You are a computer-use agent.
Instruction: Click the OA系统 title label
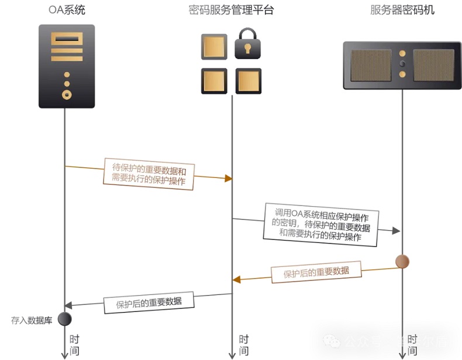tap(67, 10)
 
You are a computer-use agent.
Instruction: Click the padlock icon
tap(248, 44)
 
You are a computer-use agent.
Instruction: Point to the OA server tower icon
tap(67, 66)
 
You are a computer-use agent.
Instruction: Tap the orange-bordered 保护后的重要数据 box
tap(316, 272)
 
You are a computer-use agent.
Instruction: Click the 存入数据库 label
tap(32, 320)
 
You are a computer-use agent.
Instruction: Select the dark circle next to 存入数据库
tap(64, 318)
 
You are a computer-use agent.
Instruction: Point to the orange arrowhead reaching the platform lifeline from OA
tap(229, 178)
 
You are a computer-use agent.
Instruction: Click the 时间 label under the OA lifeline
tap(74, 345)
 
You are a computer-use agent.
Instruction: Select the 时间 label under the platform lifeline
tap(243, 345)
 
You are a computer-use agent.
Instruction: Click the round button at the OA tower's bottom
tap(67, 94)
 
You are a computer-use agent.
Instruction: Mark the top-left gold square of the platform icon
tap(213, 46)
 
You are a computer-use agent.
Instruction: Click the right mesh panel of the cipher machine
tap(433, 65)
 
